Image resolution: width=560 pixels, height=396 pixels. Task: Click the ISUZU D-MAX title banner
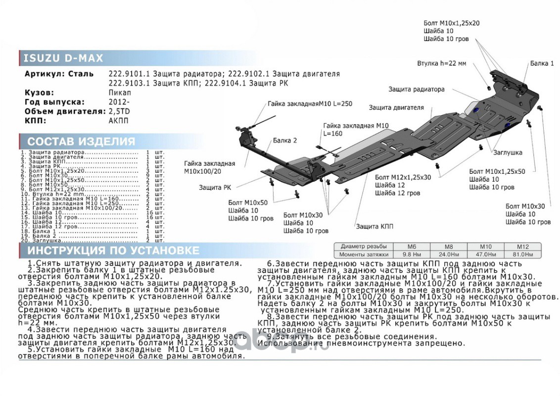click(64, 58)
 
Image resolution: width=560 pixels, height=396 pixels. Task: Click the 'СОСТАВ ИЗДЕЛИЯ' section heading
click(81, 141)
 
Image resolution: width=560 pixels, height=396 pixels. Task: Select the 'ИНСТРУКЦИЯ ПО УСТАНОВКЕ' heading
click(113, 250)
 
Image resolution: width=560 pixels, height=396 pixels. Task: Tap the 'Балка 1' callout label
click(542, 63)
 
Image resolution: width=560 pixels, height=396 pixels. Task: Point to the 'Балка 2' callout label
click(285, 141)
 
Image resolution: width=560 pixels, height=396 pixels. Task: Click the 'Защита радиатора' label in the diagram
click(416, 90)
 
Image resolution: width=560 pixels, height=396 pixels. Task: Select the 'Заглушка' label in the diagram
click(507, 152)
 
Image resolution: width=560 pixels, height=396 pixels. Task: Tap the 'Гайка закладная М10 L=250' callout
click(310, 104)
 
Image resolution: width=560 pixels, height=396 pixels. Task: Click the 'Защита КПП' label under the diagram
click(374, 226)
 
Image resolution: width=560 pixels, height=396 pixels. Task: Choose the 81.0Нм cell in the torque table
click(522, 254)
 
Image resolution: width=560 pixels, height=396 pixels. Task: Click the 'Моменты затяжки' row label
click(363, 254)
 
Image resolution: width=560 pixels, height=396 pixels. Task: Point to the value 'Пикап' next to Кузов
click(120, 93)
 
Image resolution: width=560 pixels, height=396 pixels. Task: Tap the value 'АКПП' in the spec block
click(118, 120)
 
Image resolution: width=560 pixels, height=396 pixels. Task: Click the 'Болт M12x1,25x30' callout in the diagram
click(403, 177)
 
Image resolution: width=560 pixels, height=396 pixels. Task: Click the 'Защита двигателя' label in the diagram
click(396, 107)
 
